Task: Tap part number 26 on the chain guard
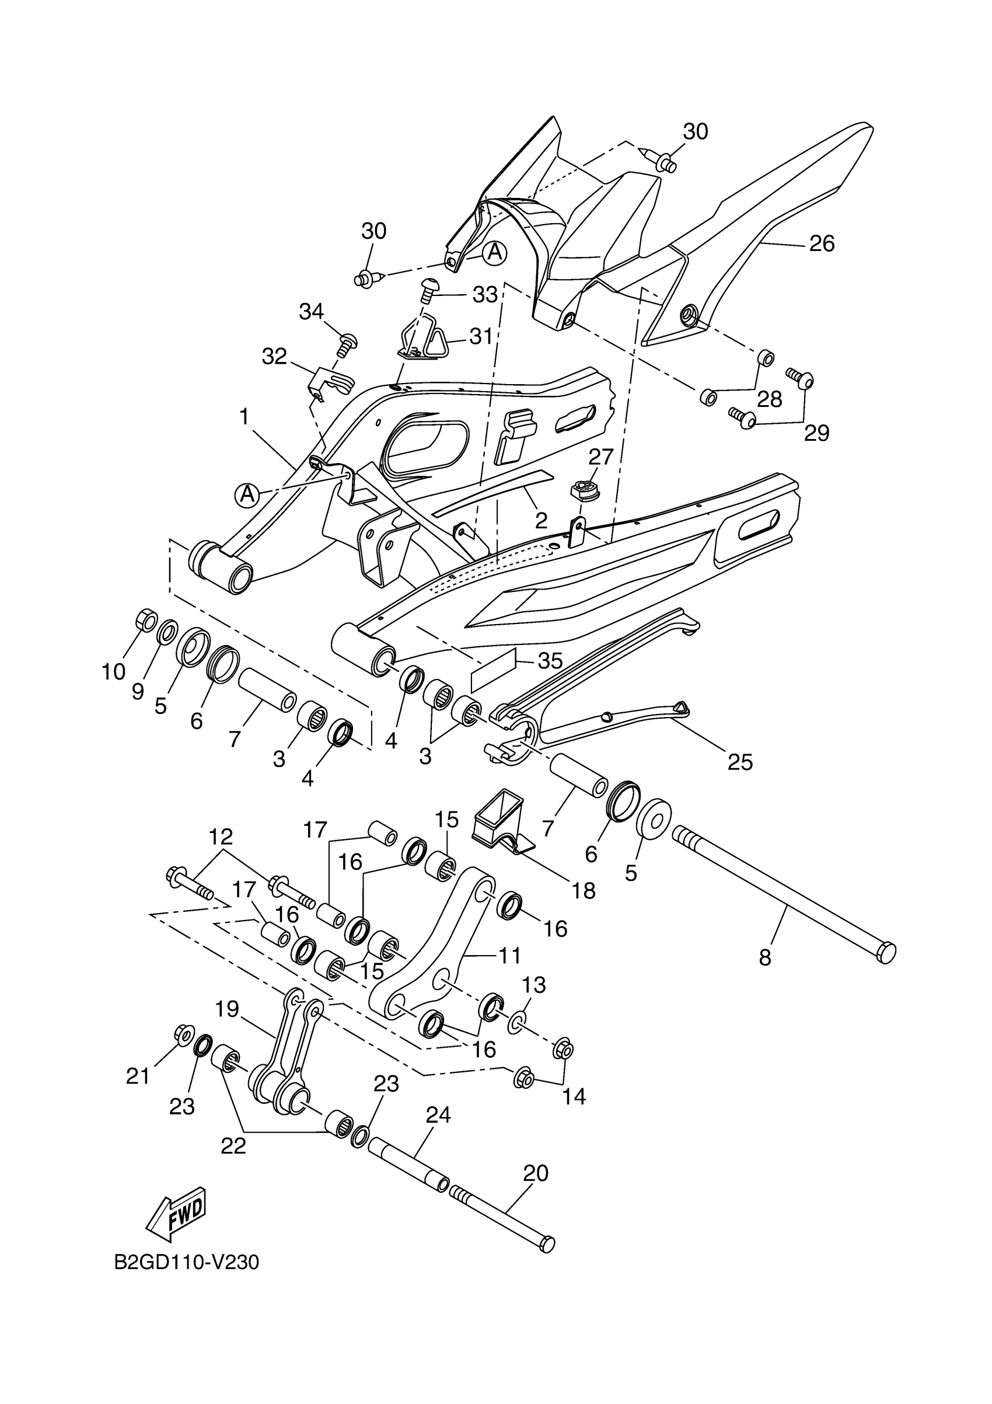coord(822,243)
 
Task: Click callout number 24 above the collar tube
coord(438,1115)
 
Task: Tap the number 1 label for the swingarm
coord(244,417)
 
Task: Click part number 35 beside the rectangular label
coord(550,660)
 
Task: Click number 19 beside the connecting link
coord(227,1008)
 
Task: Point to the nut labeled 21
coord(182,1034)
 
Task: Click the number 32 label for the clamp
coord(274,356)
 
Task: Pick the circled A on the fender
coord(494,252)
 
